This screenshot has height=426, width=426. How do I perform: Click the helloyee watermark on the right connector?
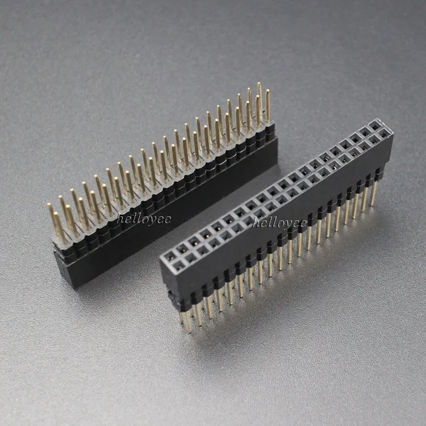pos(279,222)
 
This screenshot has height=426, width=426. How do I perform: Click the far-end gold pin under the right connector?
pos(373,193)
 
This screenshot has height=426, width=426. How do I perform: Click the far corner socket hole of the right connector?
pos(375,124)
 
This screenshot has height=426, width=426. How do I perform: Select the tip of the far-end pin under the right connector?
pos(372,204)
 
